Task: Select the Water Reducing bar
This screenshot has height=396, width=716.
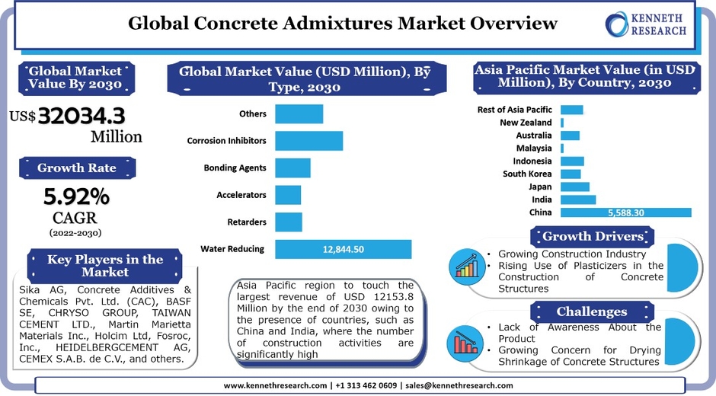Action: [343, 249]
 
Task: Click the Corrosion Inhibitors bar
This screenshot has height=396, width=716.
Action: [308, 141]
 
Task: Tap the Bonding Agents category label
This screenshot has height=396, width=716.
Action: [235, 168]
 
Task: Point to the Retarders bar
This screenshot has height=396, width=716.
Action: [288, 222]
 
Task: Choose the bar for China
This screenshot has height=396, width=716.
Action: [625, 212]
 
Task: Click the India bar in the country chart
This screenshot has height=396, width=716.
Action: [577, 200]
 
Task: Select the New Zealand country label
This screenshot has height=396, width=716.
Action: [526, 122]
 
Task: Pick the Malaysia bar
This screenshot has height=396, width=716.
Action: [562, 148]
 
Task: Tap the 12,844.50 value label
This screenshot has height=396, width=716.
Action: [344, 249]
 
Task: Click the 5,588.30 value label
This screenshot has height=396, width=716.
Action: [625, 213]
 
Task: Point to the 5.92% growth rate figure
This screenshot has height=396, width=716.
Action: [76, 197]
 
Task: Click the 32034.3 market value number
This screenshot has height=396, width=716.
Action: [82, 116]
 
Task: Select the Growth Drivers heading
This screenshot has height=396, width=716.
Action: [593, 236]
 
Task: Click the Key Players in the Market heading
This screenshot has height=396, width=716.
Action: [105, 265]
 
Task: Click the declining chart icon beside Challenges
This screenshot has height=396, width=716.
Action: [465, 340]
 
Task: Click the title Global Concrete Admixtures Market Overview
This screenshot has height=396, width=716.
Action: [343, 24]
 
